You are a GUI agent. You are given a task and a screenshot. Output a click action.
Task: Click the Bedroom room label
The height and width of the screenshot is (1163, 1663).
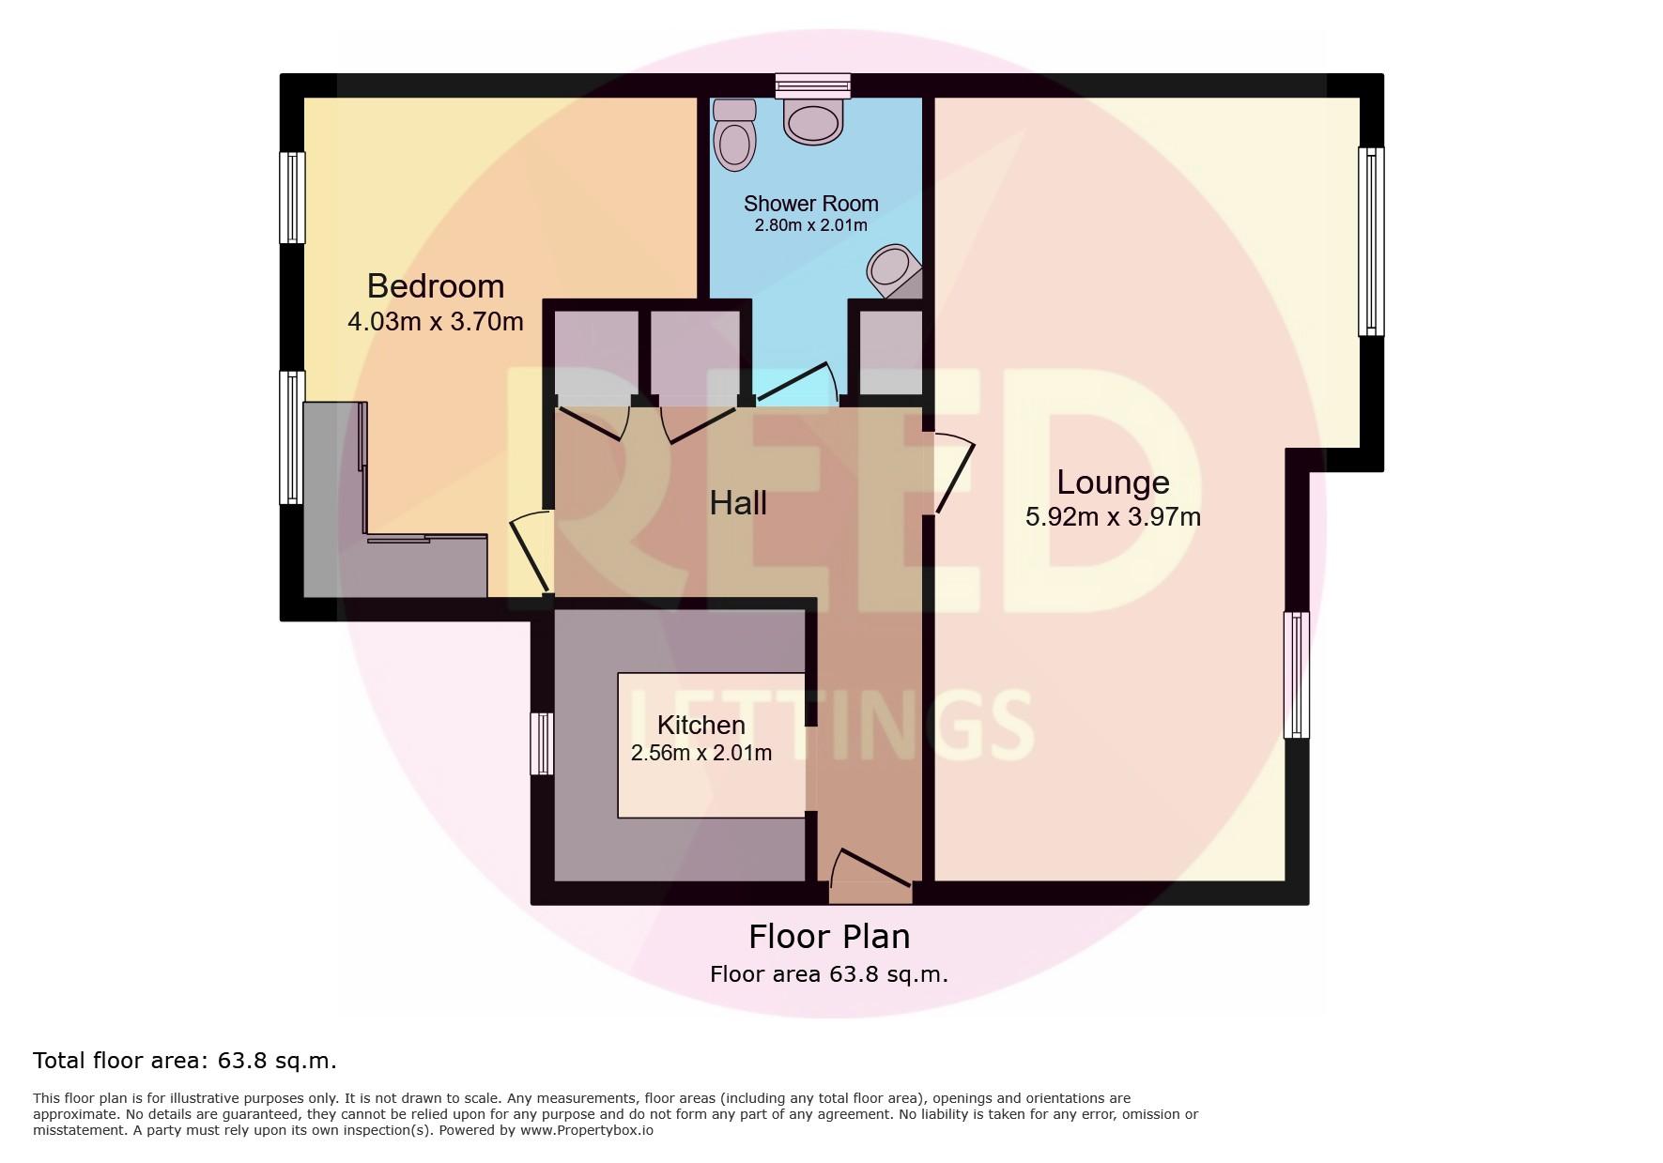[435, 285]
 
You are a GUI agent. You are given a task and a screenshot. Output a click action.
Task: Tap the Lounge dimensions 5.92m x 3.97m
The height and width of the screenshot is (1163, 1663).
[1113, 516]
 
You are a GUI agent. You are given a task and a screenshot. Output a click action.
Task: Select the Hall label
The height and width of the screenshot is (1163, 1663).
[738, 503]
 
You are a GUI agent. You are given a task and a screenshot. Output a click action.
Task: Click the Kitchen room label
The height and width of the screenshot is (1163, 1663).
[701, 725]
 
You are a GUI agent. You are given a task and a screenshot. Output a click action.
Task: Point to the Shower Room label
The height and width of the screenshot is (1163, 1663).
[811, 203]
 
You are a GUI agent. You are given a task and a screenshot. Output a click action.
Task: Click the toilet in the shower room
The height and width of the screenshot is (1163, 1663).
[734, 135]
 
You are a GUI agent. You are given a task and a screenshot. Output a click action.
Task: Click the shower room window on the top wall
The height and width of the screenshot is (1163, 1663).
[813, 85]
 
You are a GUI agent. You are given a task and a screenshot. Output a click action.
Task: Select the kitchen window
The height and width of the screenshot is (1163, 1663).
[542, 743]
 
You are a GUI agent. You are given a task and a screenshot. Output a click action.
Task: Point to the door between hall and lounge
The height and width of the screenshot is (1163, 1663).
[951, 473]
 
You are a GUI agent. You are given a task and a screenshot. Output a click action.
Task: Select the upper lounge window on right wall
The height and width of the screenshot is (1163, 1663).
[1372, 241]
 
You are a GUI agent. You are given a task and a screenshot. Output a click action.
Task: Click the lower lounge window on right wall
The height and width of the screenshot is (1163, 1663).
[1296, 675]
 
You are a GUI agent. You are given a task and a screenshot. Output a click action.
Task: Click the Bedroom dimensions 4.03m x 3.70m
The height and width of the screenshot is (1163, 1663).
[436, 322]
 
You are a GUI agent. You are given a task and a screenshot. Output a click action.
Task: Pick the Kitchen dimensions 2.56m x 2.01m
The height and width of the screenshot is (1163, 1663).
[701, 753]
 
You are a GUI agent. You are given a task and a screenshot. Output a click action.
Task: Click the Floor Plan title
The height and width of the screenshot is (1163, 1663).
[829, 937]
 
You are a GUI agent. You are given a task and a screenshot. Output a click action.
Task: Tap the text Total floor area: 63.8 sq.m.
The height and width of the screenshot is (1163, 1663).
[185, 1061]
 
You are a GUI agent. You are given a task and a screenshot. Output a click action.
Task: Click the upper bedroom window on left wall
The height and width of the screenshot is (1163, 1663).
[293, 197]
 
